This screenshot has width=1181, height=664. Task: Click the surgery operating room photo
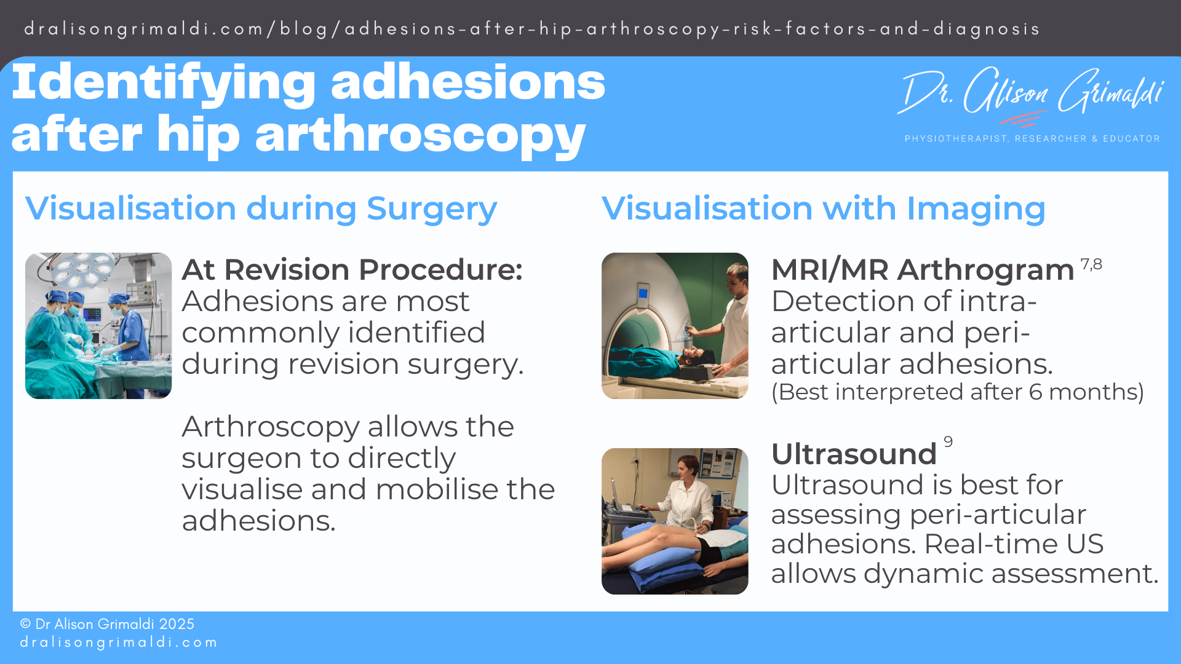tap(98, 325)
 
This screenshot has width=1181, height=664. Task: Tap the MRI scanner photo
tap(675, 325)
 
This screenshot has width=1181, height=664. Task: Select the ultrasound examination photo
tap(675, 521)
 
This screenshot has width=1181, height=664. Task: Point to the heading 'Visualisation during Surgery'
tap(261, 208)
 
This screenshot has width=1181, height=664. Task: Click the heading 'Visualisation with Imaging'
tap(823, 208)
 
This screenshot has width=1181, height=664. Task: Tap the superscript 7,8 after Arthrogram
tap(1091, 264)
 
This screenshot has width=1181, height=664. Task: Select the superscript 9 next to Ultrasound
tap(948, 441)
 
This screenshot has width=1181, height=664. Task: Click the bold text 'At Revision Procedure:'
tap(352, 269)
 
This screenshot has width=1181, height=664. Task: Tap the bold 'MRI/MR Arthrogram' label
tap(922, 269)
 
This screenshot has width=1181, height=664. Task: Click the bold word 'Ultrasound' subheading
tap(854, 454)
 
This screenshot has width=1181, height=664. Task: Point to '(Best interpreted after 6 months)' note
tap(957, 392)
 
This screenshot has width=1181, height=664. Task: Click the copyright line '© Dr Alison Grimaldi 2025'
tap(107, 624)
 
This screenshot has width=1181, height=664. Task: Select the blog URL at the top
tap(531, 29)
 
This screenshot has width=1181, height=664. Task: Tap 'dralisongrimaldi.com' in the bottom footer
tap(119, 642)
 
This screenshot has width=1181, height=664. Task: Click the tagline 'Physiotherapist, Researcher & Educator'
tap(1032, 139)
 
